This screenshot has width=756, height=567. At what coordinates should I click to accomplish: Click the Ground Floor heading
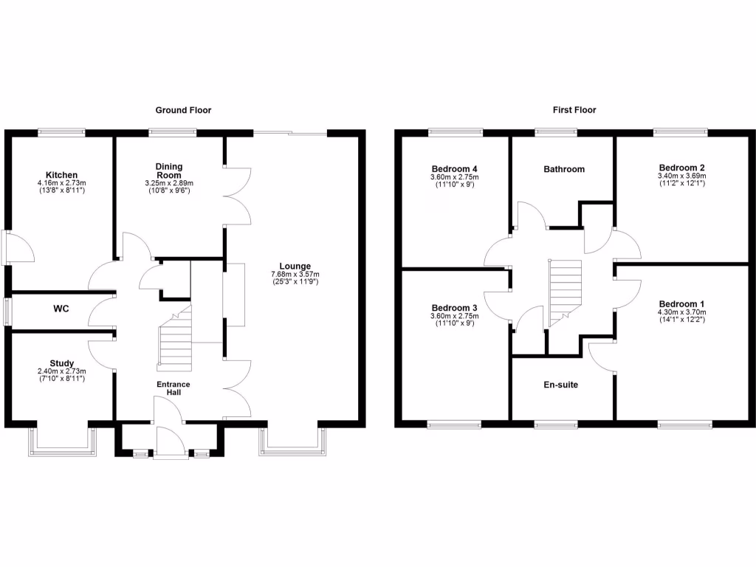[x=183, y=110]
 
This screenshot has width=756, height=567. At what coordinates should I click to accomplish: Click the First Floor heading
[x=574, y=110]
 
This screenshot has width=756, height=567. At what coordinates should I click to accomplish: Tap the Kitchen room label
[x=61, y=175]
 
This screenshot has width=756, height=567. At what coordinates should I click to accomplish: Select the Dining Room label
[x=168, y=171]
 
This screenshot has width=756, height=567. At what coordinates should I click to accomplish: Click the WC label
[x=61, y=309]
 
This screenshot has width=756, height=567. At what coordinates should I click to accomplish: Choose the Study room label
[x=61, y=362]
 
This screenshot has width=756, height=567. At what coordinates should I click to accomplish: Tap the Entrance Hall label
[x=173, y=388]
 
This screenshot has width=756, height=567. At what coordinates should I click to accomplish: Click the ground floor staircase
[x=176, y=341]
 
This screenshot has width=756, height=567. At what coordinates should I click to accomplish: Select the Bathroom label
[x=564, y=169]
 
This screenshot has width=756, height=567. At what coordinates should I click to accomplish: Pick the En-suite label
[x=561, y=385]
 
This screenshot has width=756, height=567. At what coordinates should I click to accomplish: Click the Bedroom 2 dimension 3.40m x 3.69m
[x=681, y=176]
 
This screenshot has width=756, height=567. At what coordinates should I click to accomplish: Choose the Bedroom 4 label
[x=454, y=168]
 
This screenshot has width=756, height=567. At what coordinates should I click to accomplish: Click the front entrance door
[x=169, y=443]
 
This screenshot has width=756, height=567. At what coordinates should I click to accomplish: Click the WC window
[x=7, y=311]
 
